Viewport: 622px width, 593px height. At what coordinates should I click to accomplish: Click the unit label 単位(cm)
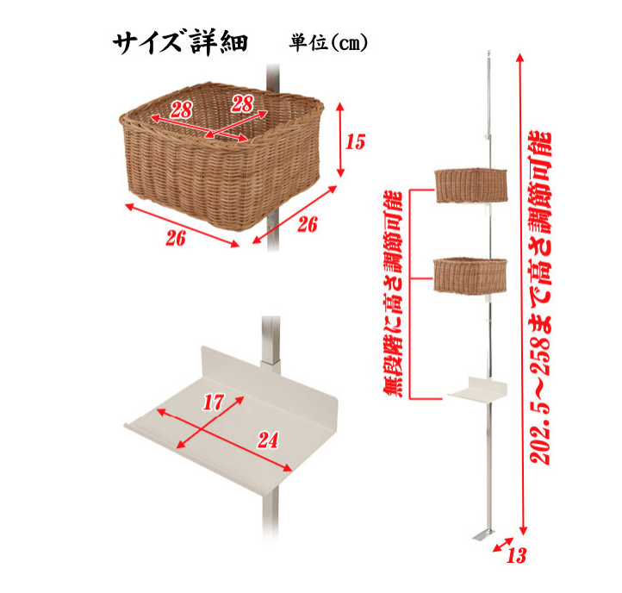coord(328,42)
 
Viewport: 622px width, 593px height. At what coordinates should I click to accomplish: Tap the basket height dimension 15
coord(355,141)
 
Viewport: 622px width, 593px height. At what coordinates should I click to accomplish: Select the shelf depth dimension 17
coord(214,402)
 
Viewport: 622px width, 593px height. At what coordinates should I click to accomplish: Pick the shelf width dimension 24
coord(269,440)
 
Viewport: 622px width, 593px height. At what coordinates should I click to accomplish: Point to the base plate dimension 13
coord(516,555)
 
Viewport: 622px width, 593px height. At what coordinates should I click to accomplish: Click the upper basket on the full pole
coord(471,185)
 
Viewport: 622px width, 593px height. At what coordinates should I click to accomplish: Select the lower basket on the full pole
coord(470,276)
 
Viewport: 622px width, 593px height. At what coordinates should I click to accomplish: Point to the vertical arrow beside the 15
coord(340,140)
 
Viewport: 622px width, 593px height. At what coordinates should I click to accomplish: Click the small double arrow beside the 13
coord(503,545)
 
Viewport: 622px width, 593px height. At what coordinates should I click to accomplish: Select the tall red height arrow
coord(522,294)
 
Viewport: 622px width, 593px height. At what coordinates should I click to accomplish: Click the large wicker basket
coord(221,156)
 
